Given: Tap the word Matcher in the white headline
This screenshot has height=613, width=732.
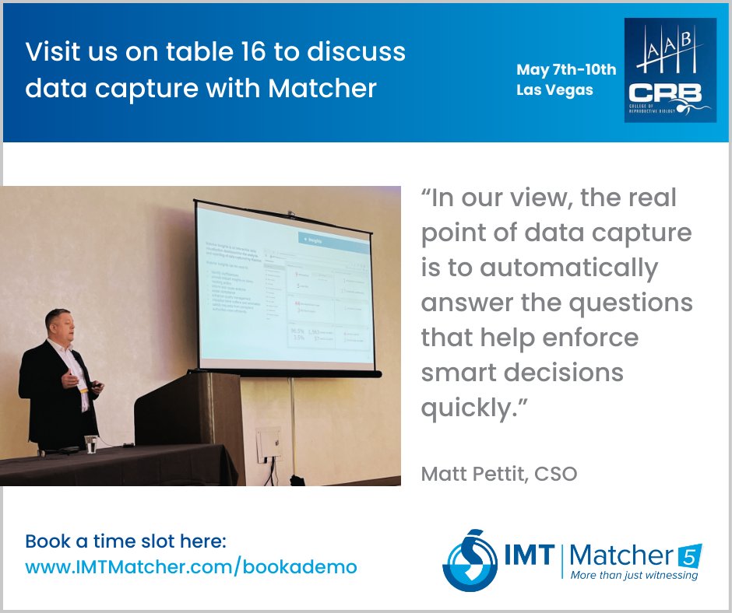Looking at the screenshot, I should (322, 88).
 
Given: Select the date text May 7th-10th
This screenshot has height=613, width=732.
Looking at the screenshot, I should (566, 69).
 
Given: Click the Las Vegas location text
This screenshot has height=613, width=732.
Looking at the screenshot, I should (554, 89).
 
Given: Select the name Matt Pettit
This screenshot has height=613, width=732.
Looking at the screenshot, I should (473, 473).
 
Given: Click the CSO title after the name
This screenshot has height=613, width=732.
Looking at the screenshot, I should (555, 473).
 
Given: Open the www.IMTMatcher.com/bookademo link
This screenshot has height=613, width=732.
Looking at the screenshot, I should (192, 567).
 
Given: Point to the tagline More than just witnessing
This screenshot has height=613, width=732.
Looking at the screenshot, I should (634, 576).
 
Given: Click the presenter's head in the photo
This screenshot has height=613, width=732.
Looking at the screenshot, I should (60, 325).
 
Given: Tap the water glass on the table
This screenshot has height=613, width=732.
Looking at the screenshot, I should (91, 443).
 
